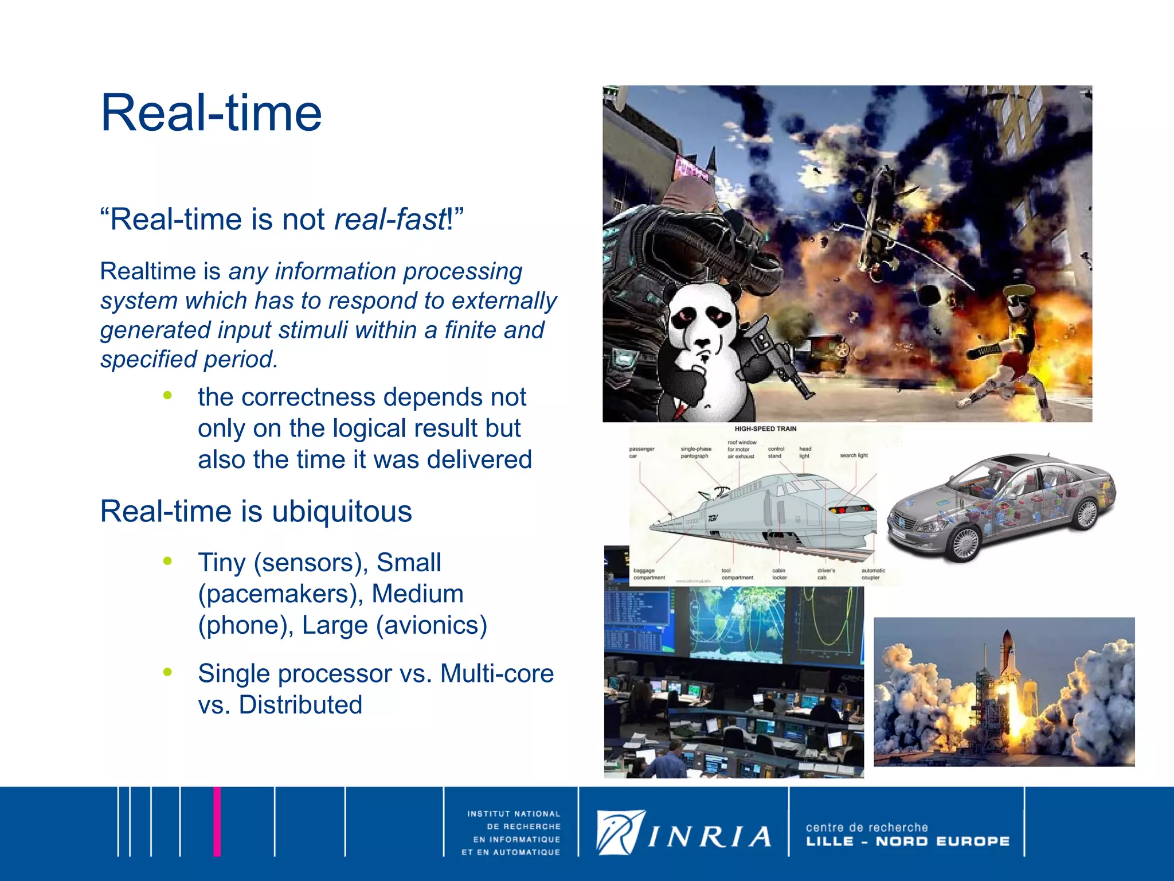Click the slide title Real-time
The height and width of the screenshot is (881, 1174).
point(211,113)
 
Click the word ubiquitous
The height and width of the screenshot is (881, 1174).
point(342,511)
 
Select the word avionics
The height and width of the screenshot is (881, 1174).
point(432,625)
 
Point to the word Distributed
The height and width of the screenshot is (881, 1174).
point(300,705)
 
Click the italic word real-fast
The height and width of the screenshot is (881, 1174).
point(390,220)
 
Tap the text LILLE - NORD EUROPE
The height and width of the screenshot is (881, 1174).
point(907,841)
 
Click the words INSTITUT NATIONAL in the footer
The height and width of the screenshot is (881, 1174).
point(514,814)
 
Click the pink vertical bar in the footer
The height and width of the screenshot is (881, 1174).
point(217,821)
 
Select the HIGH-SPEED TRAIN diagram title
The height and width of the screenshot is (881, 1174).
point(765,429)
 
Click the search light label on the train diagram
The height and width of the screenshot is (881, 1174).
point(854,455)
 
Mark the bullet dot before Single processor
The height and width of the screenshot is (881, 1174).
point(167,672)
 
